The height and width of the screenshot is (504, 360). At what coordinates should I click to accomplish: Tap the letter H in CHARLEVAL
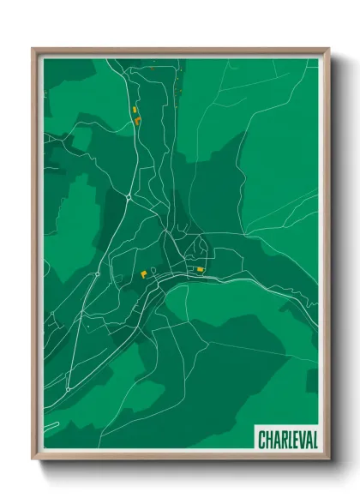pos(270,440)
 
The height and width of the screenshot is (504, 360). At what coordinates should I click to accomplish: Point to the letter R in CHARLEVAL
pos(284,440)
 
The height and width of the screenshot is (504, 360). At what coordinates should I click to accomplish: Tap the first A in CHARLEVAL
pos(277,440)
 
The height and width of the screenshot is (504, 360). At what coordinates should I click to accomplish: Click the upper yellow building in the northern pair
pos(134,110)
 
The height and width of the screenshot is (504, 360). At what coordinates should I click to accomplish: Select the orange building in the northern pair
pos(137,121)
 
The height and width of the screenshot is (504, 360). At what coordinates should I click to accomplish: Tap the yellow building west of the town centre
pos(143,274)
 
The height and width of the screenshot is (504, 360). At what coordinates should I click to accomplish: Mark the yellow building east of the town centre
pos(201,270)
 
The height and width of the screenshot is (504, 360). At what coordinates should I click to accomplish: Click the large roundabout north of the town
pos(128,196)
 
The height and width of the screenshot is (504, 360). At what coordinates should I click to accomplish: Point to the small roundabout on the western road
pos(98,273)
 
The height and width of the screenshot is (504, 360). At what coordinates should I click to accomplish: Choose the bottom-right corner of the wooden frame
pos(328,459)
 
